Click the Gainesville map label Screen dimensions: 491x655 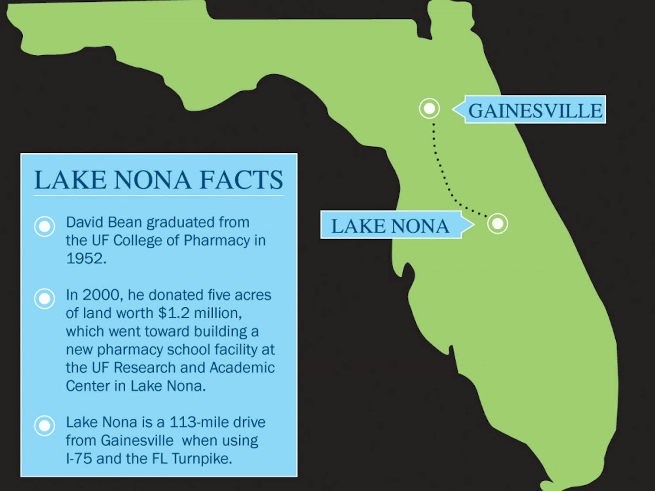[534, 110]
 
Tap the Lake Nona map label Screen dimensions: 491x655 [390, 226]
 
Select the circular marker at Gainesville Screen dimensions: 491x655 [429, 108]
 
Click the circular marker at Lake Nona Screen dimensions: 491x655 [497, 224]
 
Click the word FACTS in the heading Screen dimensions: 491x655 [241, 180]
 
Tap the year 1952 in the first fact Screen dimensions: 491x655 [85, 258]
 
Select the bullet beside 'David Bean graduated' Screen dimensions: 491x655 [45, 227]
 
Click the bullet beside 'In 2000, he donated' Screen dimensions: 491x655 [45, 299]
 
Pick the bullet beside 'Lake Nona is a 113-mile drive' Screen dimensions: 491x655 [45, 426]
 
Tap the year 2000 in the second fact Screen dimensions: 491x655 [100, 295]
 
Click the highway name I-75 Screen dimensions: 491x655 [79, 459]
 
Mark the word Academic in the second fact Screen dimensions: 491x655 [242, 368]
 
